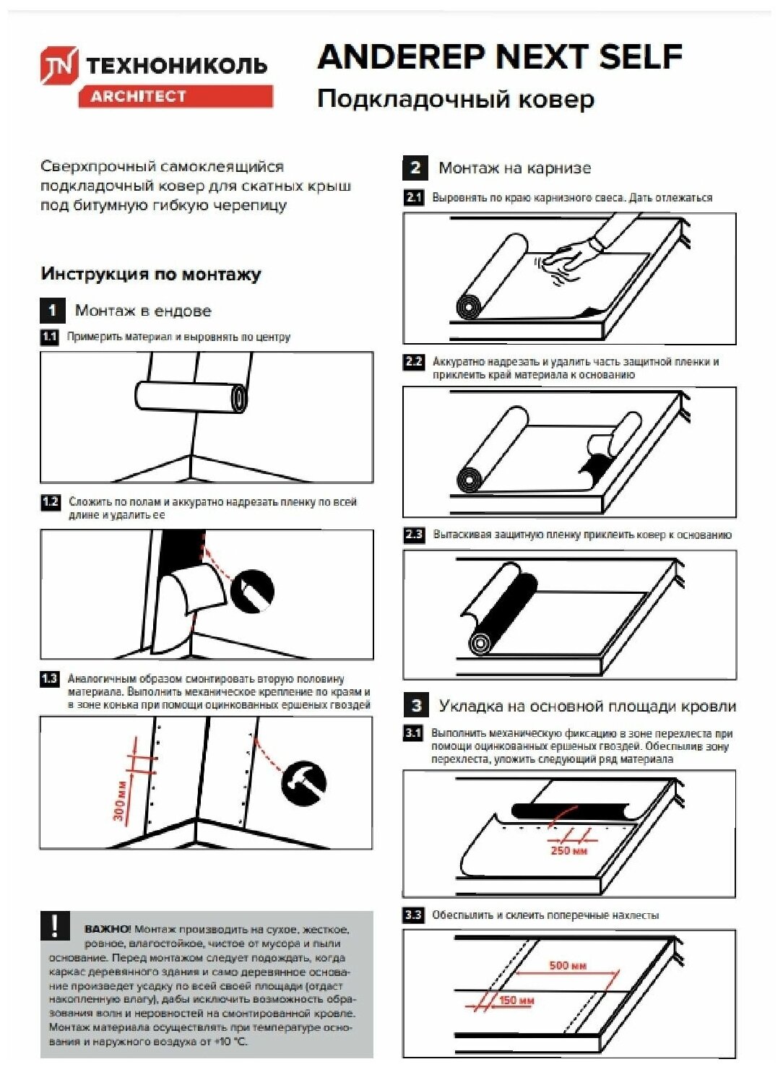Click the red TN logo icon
coord(59,65)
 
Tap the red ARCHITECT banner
coord(176,96)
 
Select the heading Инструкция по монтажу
coord(151,275)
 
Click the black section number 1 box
coord(52,311)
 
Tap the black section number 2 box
coord(415,168)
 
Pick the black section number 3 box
coord(416,705)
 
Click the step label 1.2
coord(50,502)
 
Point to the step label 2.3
coord(414,535)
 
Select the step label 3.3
coord(413,915)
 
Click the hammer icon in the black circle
coord(303,782)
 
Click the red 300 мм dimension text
coord(121,800)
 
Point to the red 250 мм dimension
coord(568,851)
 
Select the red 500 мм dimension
coord(568,965)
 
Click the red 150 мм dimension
coord(516,1001)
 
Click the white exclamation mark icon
coord(55,926)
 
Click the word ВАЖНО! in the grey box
coord(108,929)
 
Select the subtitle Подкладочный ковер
coord(456,99)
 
